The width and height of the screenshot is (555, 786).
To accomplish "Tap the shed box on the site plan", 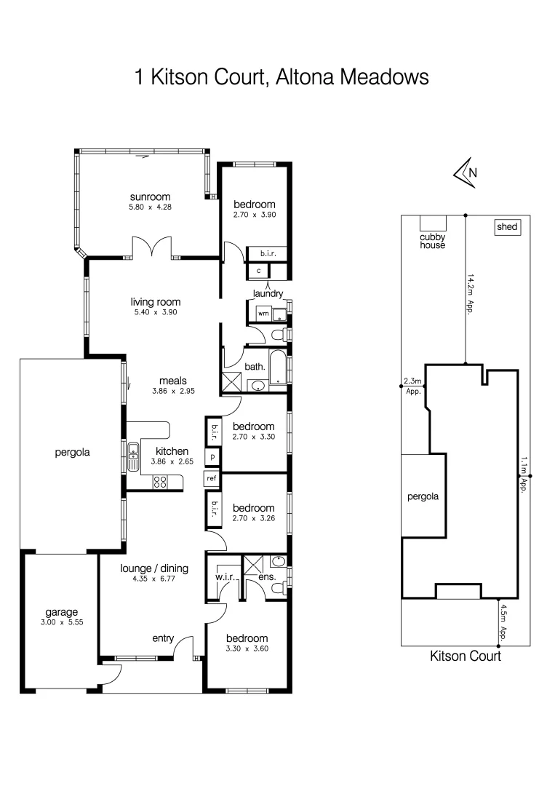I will [x=507, y=227].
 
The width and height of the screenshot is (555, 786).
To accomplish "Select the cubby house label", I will [x=432, y=241].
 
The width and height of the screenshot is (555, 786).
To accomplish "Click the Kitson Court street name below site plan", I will [x=466, y=656].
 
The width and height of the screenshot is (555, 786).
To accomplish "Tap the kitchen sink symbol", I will [x=134, y=458].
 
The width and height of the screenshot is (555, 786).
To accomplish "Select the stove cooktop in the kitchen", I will [x=160, y=481].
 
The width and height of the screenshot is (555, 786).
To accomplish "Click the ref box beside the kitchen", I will [x=212, y=478].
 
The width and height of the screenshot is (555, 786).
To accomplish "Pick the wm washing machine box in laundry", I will [x=263, y=313].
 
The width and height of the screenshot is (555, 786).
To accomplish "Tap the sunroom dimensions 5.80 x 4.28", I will [x=150, y=207].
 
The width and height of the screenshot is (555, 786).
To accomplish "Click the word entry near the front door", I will [x=162, y=638].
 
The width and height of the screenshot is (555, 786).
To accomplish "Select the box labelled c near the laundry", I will [x=257, y=271].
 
